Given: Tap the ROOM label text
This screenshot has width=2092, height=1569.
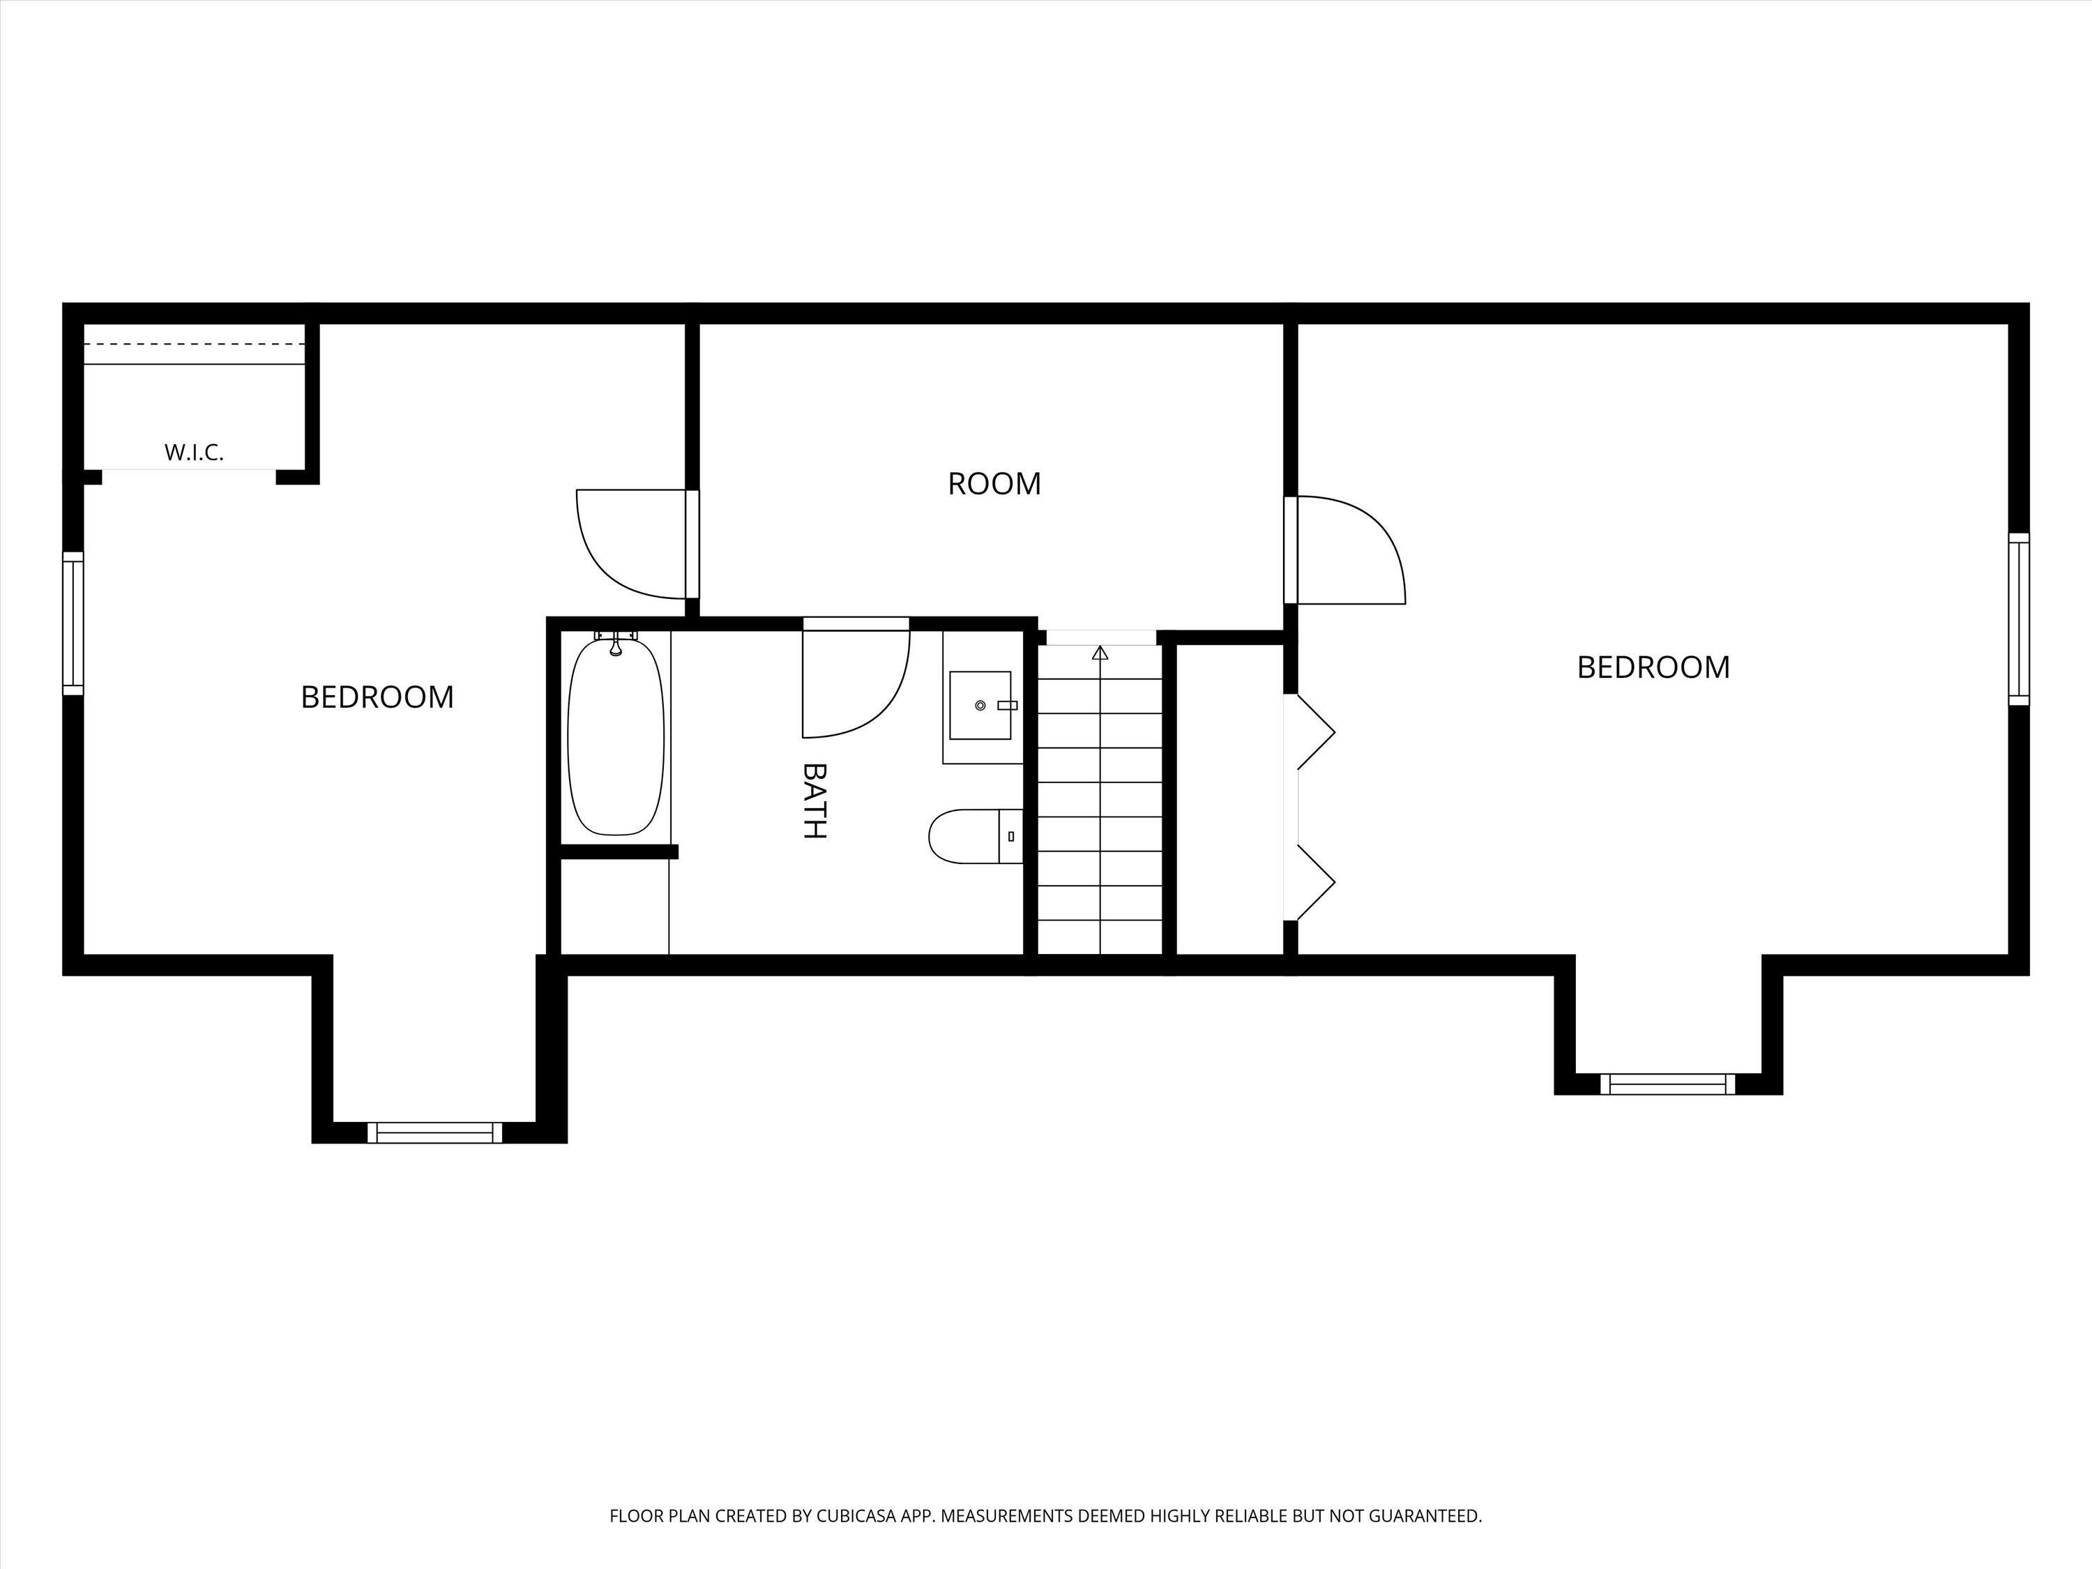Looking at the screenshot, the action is pyautogui.click(x=994, y=484).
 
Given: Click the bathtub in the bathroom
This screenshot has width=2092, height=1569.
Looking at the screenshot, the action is pyautogui.click(x=616, y=736).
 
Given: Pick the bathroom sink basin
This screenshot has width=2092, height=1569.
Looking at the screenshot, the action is pyautogui.click(x=980, y=704).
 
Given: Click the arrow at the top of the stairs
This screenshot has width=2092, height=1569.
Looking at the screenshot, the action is pyautogui.click(x=1100, y=653).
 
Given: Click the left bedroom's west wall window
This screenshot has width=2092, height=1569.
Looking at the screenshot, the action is pyautogui.click(x=73, y=623).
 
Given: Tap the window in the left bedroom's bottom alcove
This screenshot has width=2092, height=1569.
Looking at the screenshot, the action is pyautogui.click(x=435, y=1132).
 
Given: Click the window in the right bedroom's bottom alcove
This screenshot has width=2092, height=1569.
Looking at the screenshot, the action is pyautogui.click(x=1667, y=1084).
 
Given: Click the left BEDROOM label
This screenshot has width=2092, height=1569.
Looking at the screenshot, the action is pyautogui.click(x=377, y=697).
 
